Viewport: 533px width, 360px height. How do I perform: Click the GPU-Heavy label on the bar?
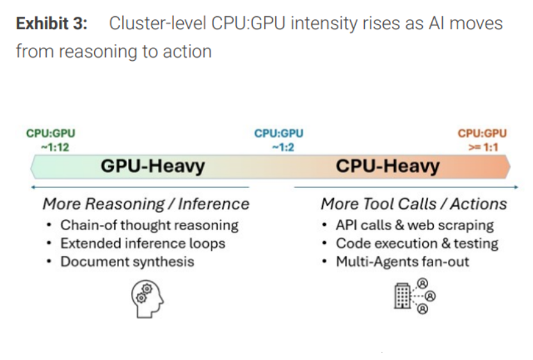[152, 167]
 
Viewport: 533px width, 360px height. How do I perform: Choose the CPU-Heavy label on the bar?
[387, 167]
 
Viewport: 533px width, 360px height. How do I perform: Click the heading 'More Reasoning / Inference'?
[146, 204]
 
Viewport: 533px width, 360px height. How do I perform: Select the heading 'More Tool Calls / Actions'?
[413, 204]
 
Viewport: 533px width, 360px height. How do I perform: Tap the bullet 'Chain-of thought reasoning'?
[149, 225]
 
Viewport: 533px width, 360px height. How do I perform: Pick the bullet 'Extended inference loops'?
[143, 244]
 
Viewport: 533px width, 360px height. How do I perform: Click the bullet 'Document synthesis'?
[127, 262]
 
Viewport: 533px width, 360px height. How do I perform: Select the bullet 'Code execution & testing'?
[417, 244]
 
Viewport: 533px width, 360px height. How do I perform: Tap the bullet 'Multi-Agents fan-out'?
[402, 262]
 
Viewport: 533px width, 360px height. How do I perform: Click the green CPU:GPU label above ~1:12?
[51, 134]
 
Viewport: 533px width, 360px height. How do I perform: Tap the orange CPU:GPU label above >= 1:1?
[482, 134]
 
